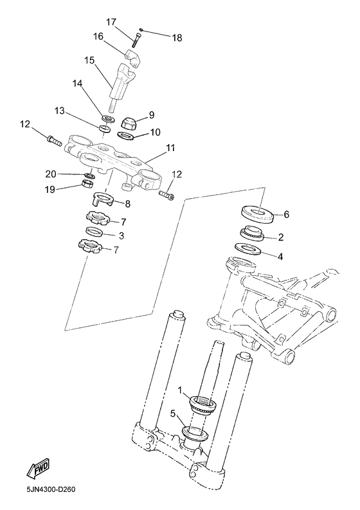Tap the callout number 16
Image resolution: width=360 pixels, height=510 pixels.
pyautogui.click(x=98, y=37)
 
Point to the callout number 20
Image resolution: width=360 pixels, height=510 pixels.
pyautogui.click(x=51, y=174)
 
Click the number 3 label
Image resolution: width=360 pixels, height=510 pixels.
pyautogui.click(x=120, y=235)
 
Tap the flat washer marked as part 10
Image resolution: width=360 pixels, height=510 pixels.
pyautogui.click(x=127, y=135)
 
